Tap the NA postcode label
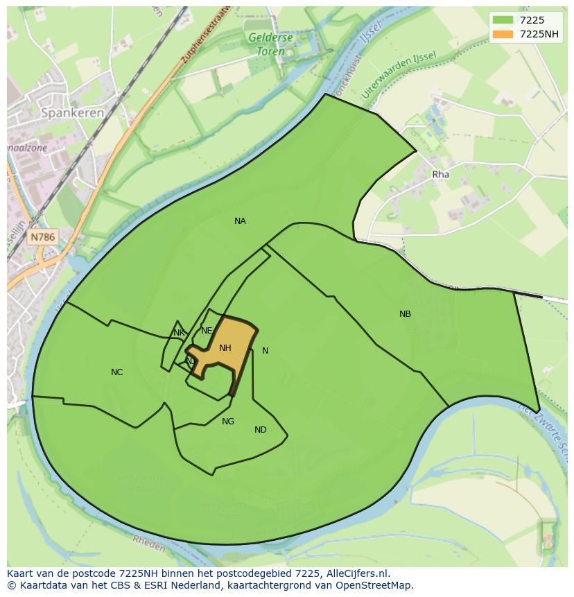tap(240, 221)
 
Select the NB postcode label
tap(405, 314)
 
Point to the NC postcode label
tap(116, 372)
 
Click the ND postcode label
tap(260, 430)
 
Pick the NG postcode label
tap(228, 422)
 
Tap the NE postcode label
tap(206, 331)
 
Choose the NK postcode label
tap(179, 333)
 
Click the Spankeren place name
tap(72, 112)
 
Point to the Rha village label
tap(440, 175)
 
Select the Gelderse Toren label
tap(270, 44)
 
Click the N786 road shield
tap(42, 237)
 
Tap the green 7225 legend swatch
tap(503, 20)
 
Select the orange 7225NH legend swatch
tap(503, 34)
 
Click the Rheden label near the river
tap(148, 546)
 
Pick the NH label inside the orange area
tap(225, 348)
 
